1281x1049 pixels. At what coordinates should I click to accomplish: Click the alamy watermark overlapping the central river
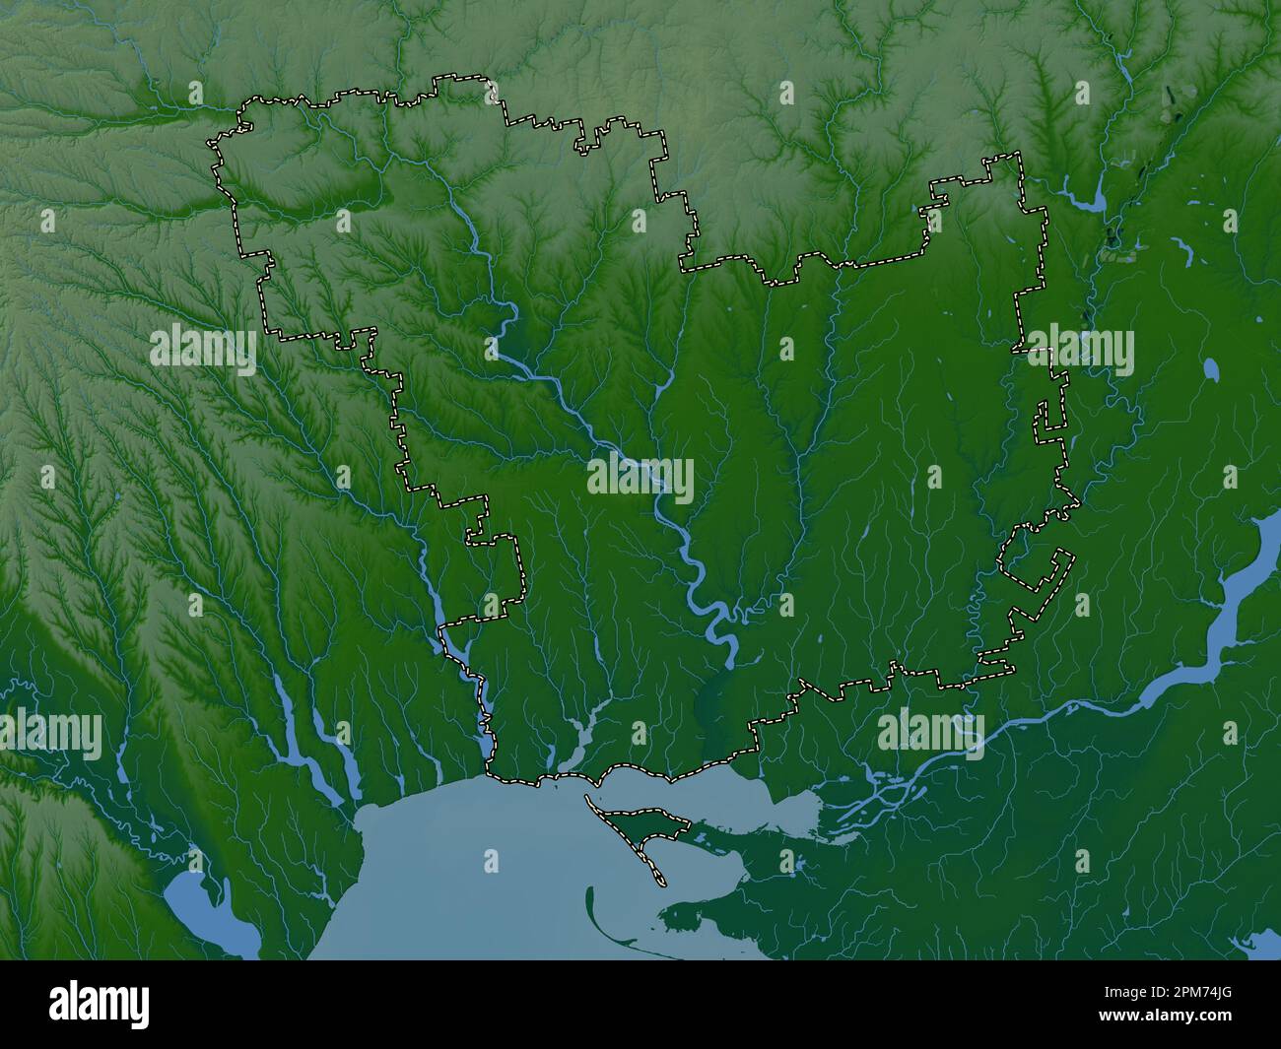click(x=640, y=481)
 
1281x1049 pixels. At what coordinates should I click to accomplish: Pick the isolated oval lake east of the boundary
click(x=1211, y=370)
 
